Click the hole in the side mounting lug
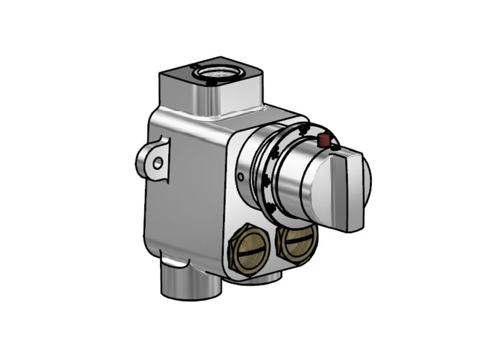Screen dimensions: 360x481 pos(157,163)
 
